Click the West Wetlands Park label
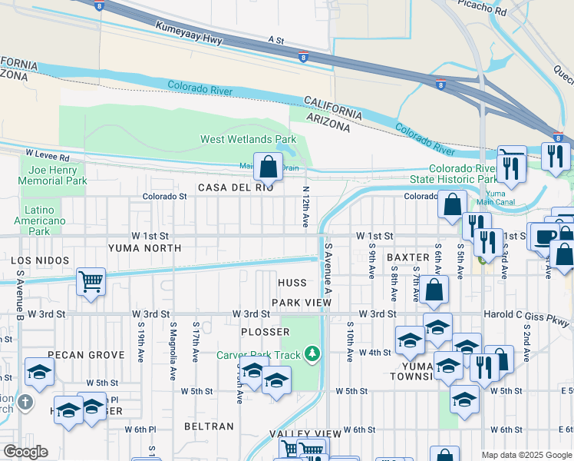click(248, 140)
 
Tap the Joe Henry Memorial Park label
click(56, 175)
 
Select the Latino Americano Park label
click(39, 221)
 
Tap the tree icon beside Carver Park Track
click(312, 353)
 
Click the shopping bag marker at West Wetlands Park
click(268, 166)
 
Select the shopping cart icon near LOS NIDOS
click(91, 282)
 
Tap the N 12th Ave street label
click(305, 206)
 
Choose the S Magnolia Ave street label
click(171, 342)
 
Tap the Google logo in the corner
click(25, 452)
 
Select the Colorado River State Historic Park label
click(462, 174)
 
